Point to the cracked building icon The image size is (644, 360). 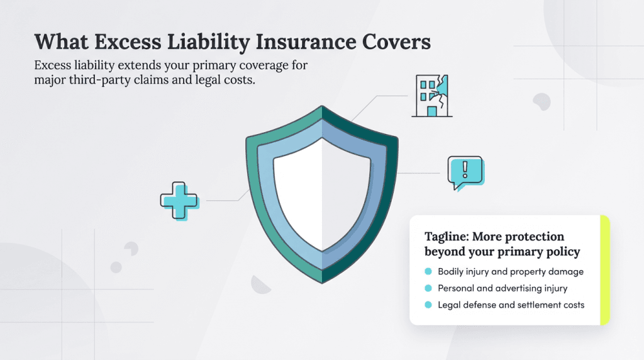pos(431,96)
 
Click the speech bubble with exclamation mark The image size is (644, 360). pos(465,172)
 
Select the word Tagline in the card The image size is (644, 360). pos(445,237)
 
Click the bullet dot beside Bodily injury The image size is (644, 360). pos(428,272)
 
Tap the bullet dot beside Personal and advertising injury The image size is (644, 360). pos(428,288)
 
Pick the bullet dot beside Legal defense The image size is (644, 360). pos(428,305)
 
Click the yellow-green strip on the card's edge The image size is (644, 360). pos(604,271)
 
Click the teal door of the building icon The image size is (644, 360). pos(431,111)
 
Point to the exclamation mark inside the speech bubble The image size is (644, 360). pos(465,169)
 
